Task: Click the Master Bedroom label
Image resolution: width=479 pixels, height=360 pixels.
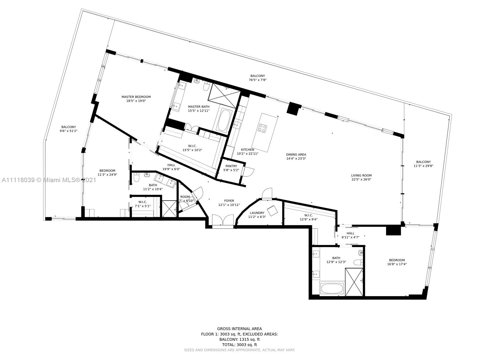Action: point(136,97)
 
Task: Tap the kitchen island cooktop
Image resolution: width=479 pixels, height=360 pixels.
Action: point(262,128)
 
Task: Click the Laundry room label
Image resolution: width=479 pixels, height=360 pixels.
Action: point(257,213)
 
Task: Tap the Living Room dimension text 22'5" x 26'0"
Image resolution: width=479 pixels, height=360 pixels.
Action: point(361,179)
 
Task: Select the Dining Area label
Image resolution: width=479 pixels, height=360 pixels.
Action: point(296,155)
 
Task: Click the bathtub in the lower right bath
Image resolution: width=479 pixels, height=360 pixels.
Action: point(332,289)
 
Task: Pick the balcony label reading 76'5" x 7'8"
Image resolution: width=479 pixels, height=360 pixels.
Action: point(257,80)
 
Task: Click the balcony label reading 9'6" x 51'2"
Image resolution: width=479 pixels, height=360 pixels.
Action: point(69,131)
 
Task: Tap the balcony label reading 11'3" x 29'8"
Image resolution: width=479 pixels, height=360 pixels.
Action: point(423,166)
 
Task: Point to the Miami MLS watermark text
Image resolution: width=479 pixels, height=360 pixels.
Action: point(49,180)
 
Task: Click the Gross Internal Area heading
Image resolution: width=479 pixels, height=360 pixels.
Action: point(239,329)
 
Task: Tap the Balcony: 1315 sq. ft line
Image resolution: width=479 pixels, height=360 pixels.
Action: point(239,339)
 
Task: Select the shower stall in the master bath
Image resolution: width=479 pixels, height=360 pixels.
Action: point(225,92)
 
